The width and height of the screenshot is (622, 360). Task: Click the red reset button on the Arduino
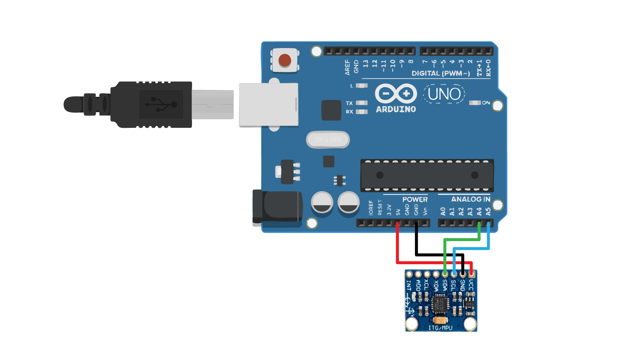[285, 60]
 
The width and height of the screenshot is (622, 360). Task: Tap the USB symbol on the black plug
[161, 104]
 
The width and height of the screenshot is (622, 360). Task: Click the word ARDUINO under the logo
[396, 109]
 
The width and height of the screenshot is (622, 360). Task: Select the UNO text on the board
[444, 94]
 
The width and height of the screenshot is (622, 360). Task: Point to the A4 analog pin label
[479, 212]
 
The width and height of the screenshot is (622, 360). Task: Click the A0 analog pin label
[443, 212]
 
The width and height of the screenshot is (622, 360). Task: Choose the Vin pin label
[425, 211]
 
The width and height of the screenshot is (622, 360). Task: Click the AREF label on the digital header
[348, 67]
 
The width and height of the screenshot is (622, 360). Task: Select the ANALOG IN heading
[471, 199]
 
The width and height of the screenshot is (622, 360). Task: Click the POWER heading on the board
[415, 199]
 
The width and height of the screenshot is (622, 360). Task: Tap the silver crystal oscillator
[328, 140]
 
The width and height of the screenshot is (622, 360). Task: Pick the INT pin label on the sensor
[409, 285]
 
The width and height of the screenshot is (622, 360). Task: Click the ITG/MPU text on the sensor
[440, 328]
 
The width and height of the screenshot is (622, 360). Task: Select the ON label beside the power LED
[486, 103]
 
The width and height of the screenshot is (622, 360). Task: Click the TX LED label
[349, 103]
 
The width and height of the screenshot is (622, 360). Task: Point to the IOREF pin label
[371, 208]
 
